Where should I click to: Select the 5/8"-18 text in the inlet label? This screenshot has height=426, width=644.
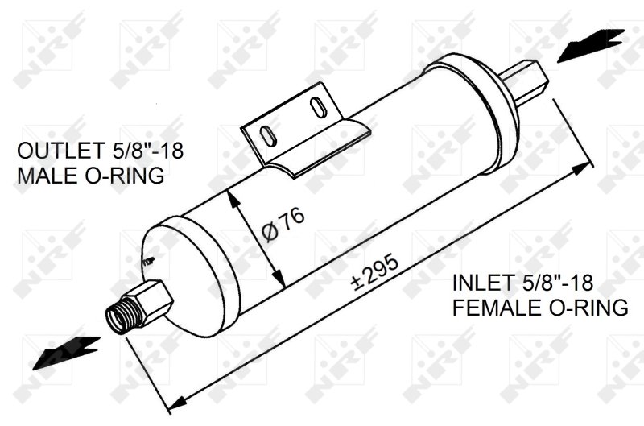(x=555, y=283)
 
